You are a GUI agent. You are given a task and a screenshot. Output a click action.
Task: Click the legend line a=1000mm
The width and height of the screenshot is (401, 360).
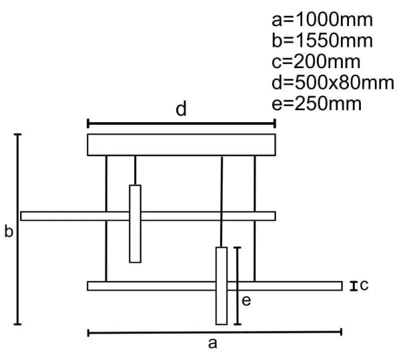pyautogui.click(x=322, y=20)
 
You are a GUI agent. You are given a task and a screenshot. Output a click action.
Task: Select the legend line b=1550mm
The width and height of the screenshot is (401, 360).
pyautogui.click(x=322, y=41)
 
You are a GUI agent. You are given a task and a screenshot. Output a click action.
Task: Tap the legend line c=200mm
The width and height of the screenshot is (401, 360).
pyautogui.click(x=316, y=61)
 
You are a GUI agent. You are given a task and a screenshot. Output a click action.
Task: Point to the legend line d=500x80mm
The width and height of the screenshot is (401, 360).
pyautogui.click(x=333, y=83)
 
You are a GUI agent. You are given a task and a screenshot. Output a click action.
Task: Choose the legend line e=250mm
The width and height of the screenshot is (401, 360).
pyautogui.click(x=316, y=104)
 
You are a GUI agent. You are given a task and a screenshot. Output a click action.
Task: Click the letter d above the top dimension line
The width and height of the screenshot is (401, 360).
pyautogui.click(x=181, y=109)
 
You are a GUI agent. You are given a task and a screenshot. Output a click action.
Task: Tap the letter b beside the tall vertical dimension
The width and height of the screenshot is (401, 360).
pyautogui.click(x=9, y=232)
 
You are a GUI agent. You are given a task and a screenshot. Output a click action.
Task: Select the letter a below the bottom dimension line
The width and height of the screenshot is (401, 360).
pyautogui.click(x=213, y=344)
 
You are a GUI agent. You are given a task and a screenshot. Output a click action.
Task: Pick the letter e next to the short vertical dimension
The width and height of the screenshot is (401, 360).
pyautogui.click(x=246, y=301)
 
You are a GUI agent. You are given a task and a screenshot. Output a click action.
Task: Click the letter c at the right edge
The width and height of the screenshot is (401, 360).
pyautogui.click(x=364, y=285)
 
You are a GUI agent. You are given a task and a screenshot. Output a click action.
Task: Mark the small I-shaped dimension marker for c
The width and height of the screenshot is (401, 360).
pyautogui.click(x=354, y=286)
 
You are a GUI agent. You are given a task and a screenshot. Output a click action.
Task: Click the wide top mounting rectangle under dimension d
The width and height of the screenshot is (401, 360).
pyautogui.click(x=181, y=145)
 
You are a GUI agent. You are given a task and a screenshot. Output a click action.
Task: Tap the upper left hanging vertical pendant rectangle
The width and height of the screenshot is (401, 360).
pyautogui.click(x=135, y=224)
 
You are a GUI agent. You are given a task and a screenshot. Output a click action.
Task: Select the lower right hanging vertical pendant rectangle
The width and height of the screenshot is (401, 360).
pyautogui.click(x=221, y=286)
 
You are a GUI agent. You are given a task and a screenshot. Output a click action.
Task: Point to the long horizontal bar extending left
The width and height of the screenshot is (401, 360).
pyautogui.click(x=148, y=216)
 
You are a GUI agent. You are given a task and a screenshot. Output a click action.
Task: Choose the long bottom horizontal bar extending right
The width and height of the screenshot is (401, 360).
pyautogui.click(x=215, y=286)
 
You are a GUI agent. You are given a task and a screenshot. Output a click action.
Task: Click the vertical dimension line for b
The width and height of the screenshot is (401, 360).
pyautogui.click(x=17, y=229)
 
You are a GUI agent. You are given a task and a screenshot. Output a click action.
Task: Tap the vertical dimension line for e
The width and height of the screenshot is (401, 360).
pyautogui.click(x=237, y=286)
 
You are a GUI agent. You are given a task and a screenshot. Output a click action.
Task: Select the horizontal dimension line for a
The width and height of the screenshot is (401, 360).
pyautogui.click(x=215, y=333)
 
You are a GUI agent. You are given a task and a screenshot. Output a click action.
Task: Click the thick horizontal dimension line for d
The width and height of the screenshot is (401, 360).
pyautogui.click(x=181, y=124)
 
